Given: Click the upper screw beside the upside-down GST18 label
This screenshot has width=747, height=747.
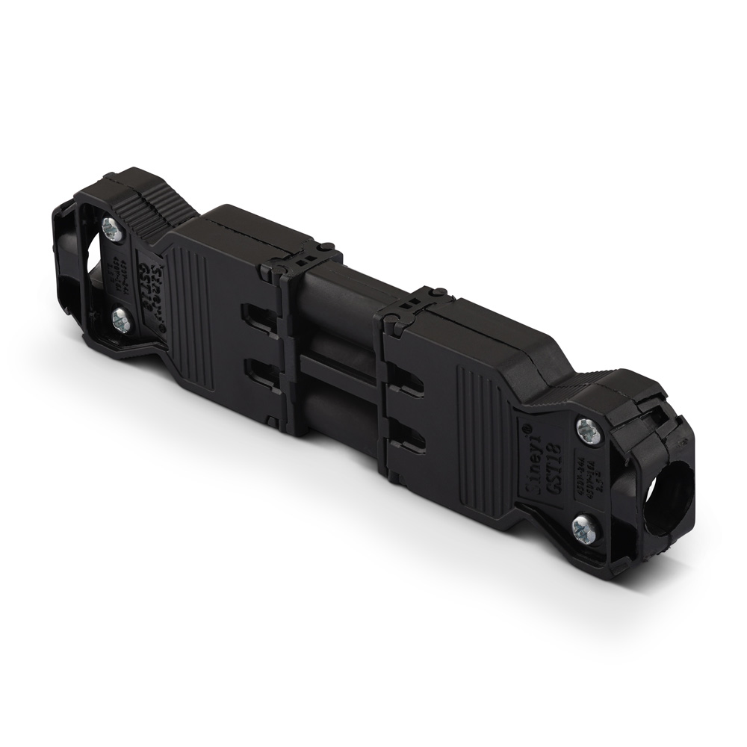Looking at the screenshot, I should tap(109, 229).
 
